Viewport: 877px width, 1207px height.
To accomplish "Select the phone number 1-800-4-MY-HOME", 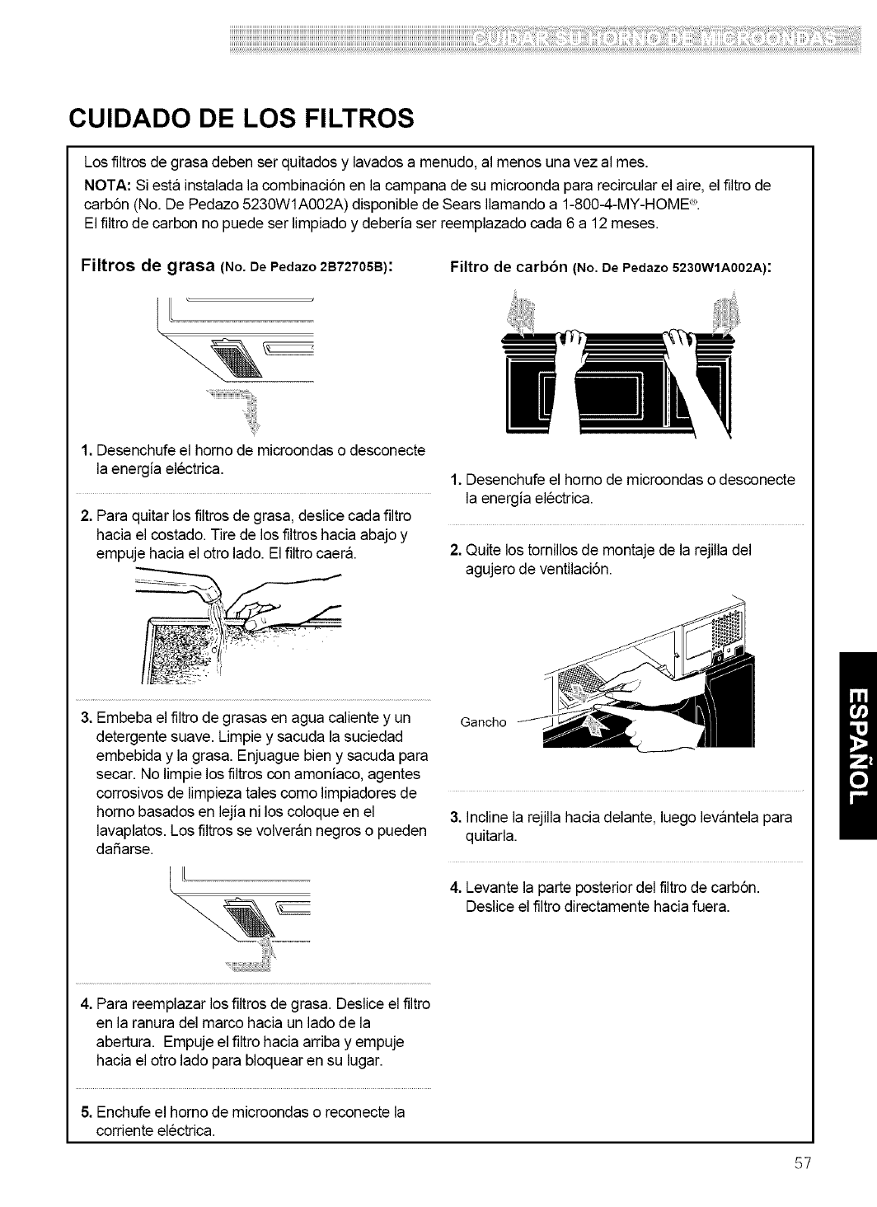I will [x=623, y=204].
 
